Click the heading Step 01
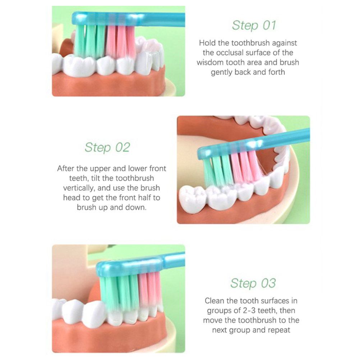coord(254,25)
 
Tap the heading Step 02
coord(107,147)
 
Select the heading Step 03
coord(253,283)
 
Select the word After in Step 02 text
coord(65,169)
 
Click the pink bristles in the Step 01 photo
coord(121,42)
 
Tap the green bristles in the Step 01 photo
coord(91,41)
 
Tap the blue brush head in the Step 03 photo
coord(130,265)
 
